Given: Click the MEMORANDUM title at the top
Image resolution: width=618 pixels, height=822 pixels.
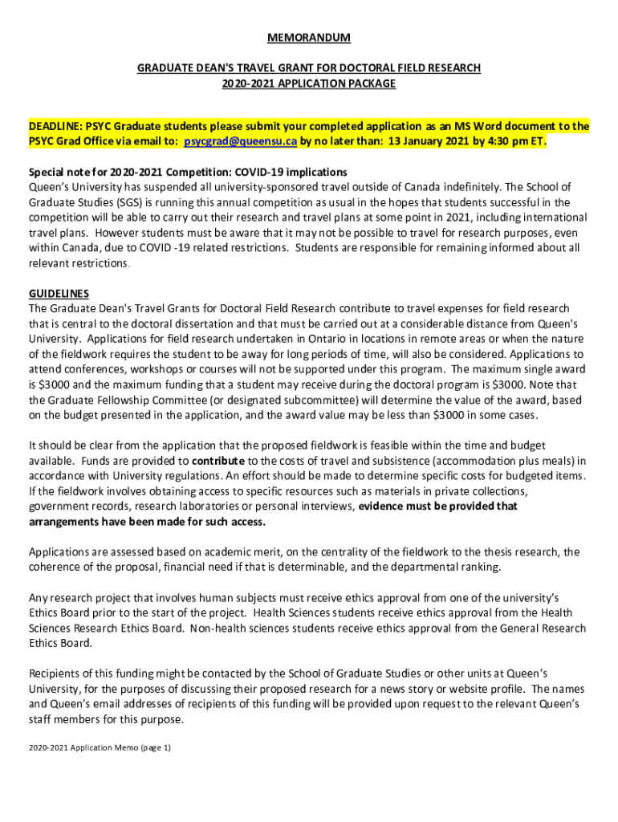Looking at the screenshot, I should (x=309, y=38).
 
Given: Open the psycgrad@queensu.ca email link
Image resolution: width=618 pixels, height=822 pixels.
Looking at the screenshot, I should (x=241, y=141).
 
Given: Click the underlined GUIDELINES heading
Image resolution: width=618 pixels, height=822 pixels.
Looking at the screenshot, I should (x=59, y=293).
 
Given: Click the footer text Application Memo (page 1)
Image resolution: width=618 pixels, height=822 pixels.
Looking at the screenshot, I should (x=120, y=747).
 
